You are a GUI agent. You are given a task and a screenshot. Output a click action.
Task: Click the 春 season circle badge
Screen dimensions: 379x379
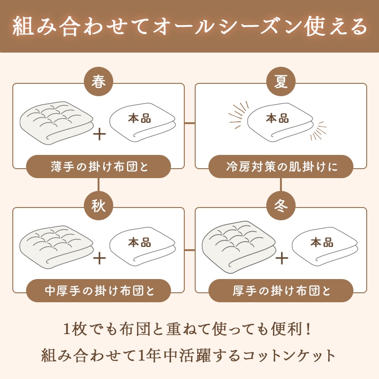click(x=99, y=82)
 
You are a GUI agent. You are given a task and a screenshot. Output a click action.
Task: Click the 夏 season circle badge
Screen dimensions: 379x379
click(x=281, y=82)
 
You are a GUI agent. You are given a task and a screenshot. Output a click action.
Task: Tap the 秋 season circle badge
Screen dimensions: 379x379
click(x=99, y=206)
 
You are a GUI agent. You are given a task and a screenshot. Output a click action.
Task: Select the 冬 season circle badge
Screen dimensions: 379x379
click(x=281, y=206)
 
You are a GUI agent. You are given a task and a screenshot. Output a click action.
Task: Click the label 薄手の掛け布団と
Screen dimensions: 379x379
click(x=99, y=167)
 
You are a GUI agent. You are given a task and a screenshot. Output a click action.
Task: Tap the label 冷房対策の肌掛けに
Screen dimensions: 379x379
click(x=281, y=167)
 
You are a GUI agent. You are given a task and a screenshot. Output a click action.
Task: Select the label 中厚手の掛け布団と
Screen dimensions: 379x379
click(x=99, y=290)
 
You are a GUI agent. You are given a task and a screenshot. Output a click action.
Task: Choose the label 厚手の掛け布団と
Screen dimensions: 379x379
click(x=281, y=290)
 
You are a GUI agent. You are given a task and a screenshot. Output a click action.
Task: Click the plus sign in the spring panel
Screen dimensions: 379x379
click(x=99, y=134)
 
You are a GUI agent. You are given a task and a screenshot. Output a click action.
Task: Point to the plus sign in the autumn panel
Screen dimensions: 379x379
click(x=99, y=258)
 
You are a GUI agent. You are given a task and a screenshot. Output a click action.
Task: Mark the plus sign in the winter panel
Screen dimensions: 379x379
click(x=282, y=258)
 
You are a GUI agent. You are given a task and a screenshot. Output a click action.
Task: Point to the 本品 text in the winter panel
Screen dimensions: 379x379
click(x=322, y=243)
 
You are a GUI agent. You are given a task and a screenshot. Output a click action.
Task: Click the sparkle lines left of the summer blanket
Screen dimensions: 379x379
click(x=239, y=113)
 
